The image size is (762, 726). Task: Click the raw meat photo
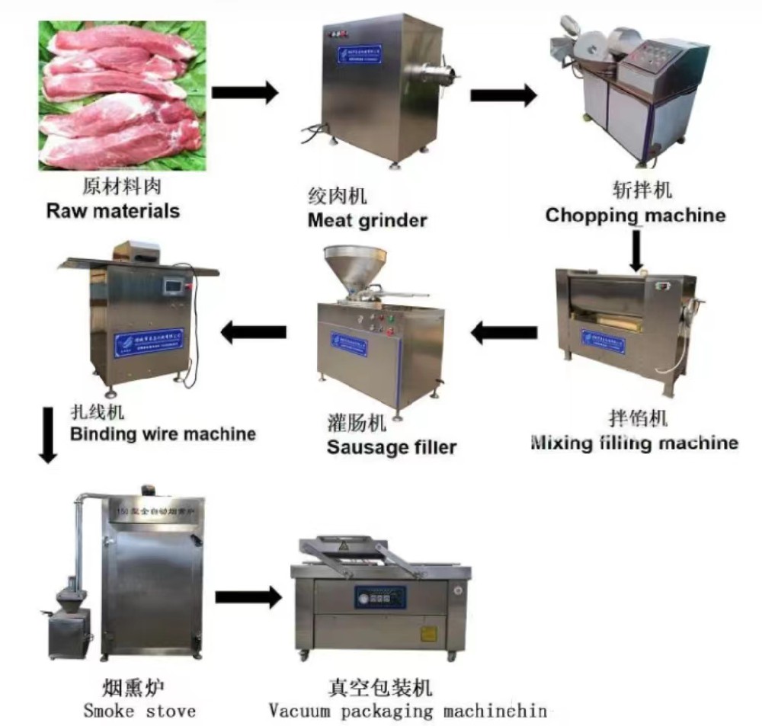click(x=123, y=95)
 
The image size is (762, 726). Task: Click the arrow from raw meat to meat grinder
click(x=244, y=93)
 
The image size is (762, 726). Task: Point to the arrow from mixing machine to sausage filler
click(x=503, y=332)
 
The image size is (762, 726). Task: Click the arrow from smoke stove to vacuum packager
click(x=248, y=596)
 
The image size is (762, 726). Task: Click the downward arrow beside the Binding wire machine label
click(x=48, y=435)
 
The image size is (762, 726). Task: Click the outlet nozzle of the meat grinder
click(x=446, y=75)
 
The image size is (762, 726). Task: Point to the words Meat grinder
click(x=367, y=220)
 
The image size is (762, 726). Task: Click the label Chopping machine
click(x=636, y=216)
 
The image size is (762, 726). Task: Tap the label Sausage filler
click(x=392, y=446)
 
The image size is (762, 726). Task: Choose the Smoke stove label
click(x=139, y=712)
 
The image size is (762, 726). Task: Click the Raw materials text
click(x=113, y=210)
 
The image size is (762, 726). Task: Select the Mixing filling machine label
click(x=634, y=442)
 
